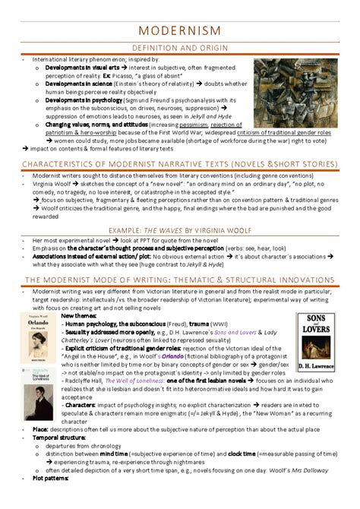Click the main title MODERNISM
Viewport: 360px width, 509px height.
[180, 30]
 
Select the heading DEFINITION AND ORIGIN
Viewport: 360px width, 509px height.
[180, 48]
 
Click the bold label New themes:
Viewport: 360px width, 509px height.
[76, 294]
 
